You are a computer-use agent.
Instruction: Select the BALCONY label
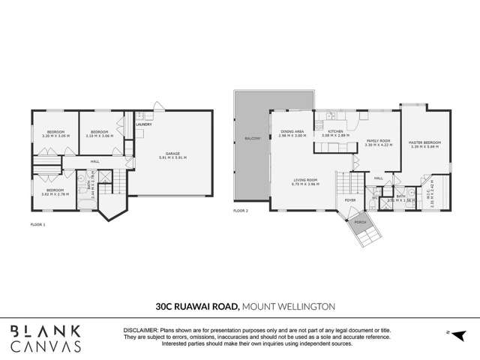point(251,139)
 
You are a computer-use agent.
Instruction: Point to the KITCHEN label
point(336,132)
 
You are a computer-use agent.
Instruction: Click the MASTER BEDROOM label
point(425,142)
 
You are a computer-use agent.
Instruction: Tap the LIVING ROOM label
point(305,179)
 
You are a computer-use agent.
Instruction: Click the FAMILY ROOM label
point(379,140)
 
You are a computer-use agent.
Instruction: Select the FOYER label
point(349,201)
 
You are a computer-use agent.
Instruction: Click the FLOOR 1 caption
point(38,224)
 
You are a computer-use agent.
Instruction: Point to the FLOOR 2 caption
point(240,212)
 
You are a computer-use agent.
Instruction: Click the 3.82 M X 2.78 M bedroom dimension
point(55,193)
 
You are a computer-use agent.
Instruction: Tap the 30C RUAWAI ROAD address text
point(196,306)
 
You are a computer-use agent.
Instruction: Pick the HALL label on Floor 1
point(95,161)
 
